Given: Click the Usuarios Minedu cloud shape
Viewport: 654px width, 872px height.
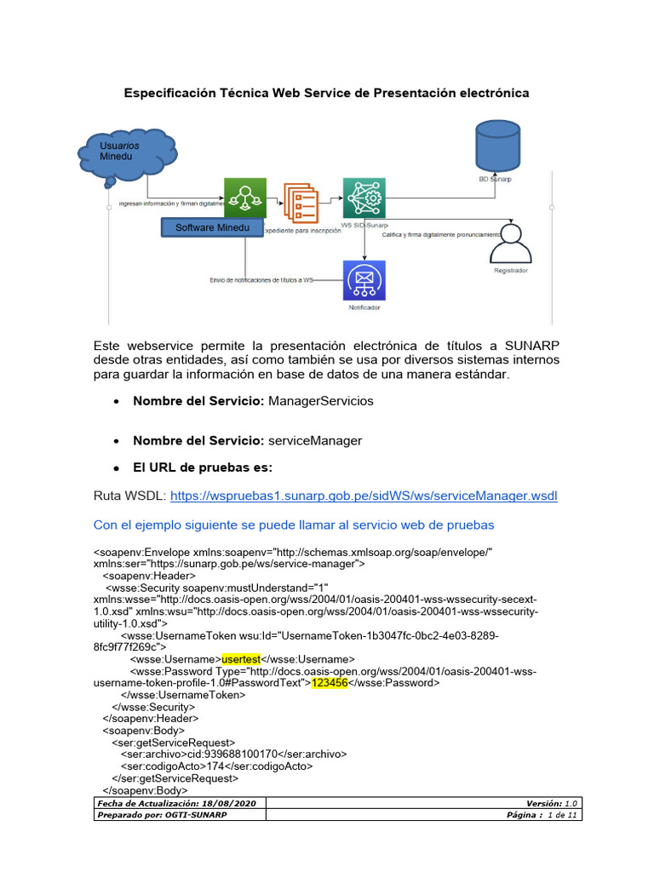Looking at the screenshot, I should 125,154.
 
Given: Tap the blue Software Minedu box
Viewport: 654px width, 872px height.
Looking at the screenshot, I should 212,228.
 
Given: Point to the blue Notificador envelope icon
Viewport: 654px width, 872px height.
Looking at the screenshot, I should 364,281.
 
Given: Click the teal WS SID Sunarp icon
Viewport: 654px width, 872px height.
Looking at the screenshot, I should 364,198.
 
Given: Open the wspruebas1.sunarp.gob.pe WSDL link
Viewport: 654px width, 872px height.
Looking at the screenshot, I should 364,496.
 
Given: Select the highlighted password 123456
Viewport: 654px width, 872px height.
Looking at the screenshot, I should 330,682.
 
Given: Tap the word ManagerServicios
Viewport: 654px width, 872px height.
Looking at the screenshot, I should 320,400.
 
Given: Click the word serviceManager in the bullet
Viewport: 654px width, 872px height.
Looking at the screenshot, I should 315,440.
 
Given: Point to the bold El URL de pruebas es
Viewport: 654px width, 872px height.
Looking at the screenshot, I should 203,468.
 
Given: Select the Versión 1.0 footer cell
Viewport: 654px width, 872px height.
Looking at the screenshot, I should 553,803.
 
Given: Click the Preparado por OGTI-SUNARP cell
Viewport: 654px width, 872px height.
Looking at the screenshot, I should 162,815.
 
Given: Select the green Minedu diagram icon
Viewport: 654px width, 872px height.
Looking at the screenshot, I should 245,198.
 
